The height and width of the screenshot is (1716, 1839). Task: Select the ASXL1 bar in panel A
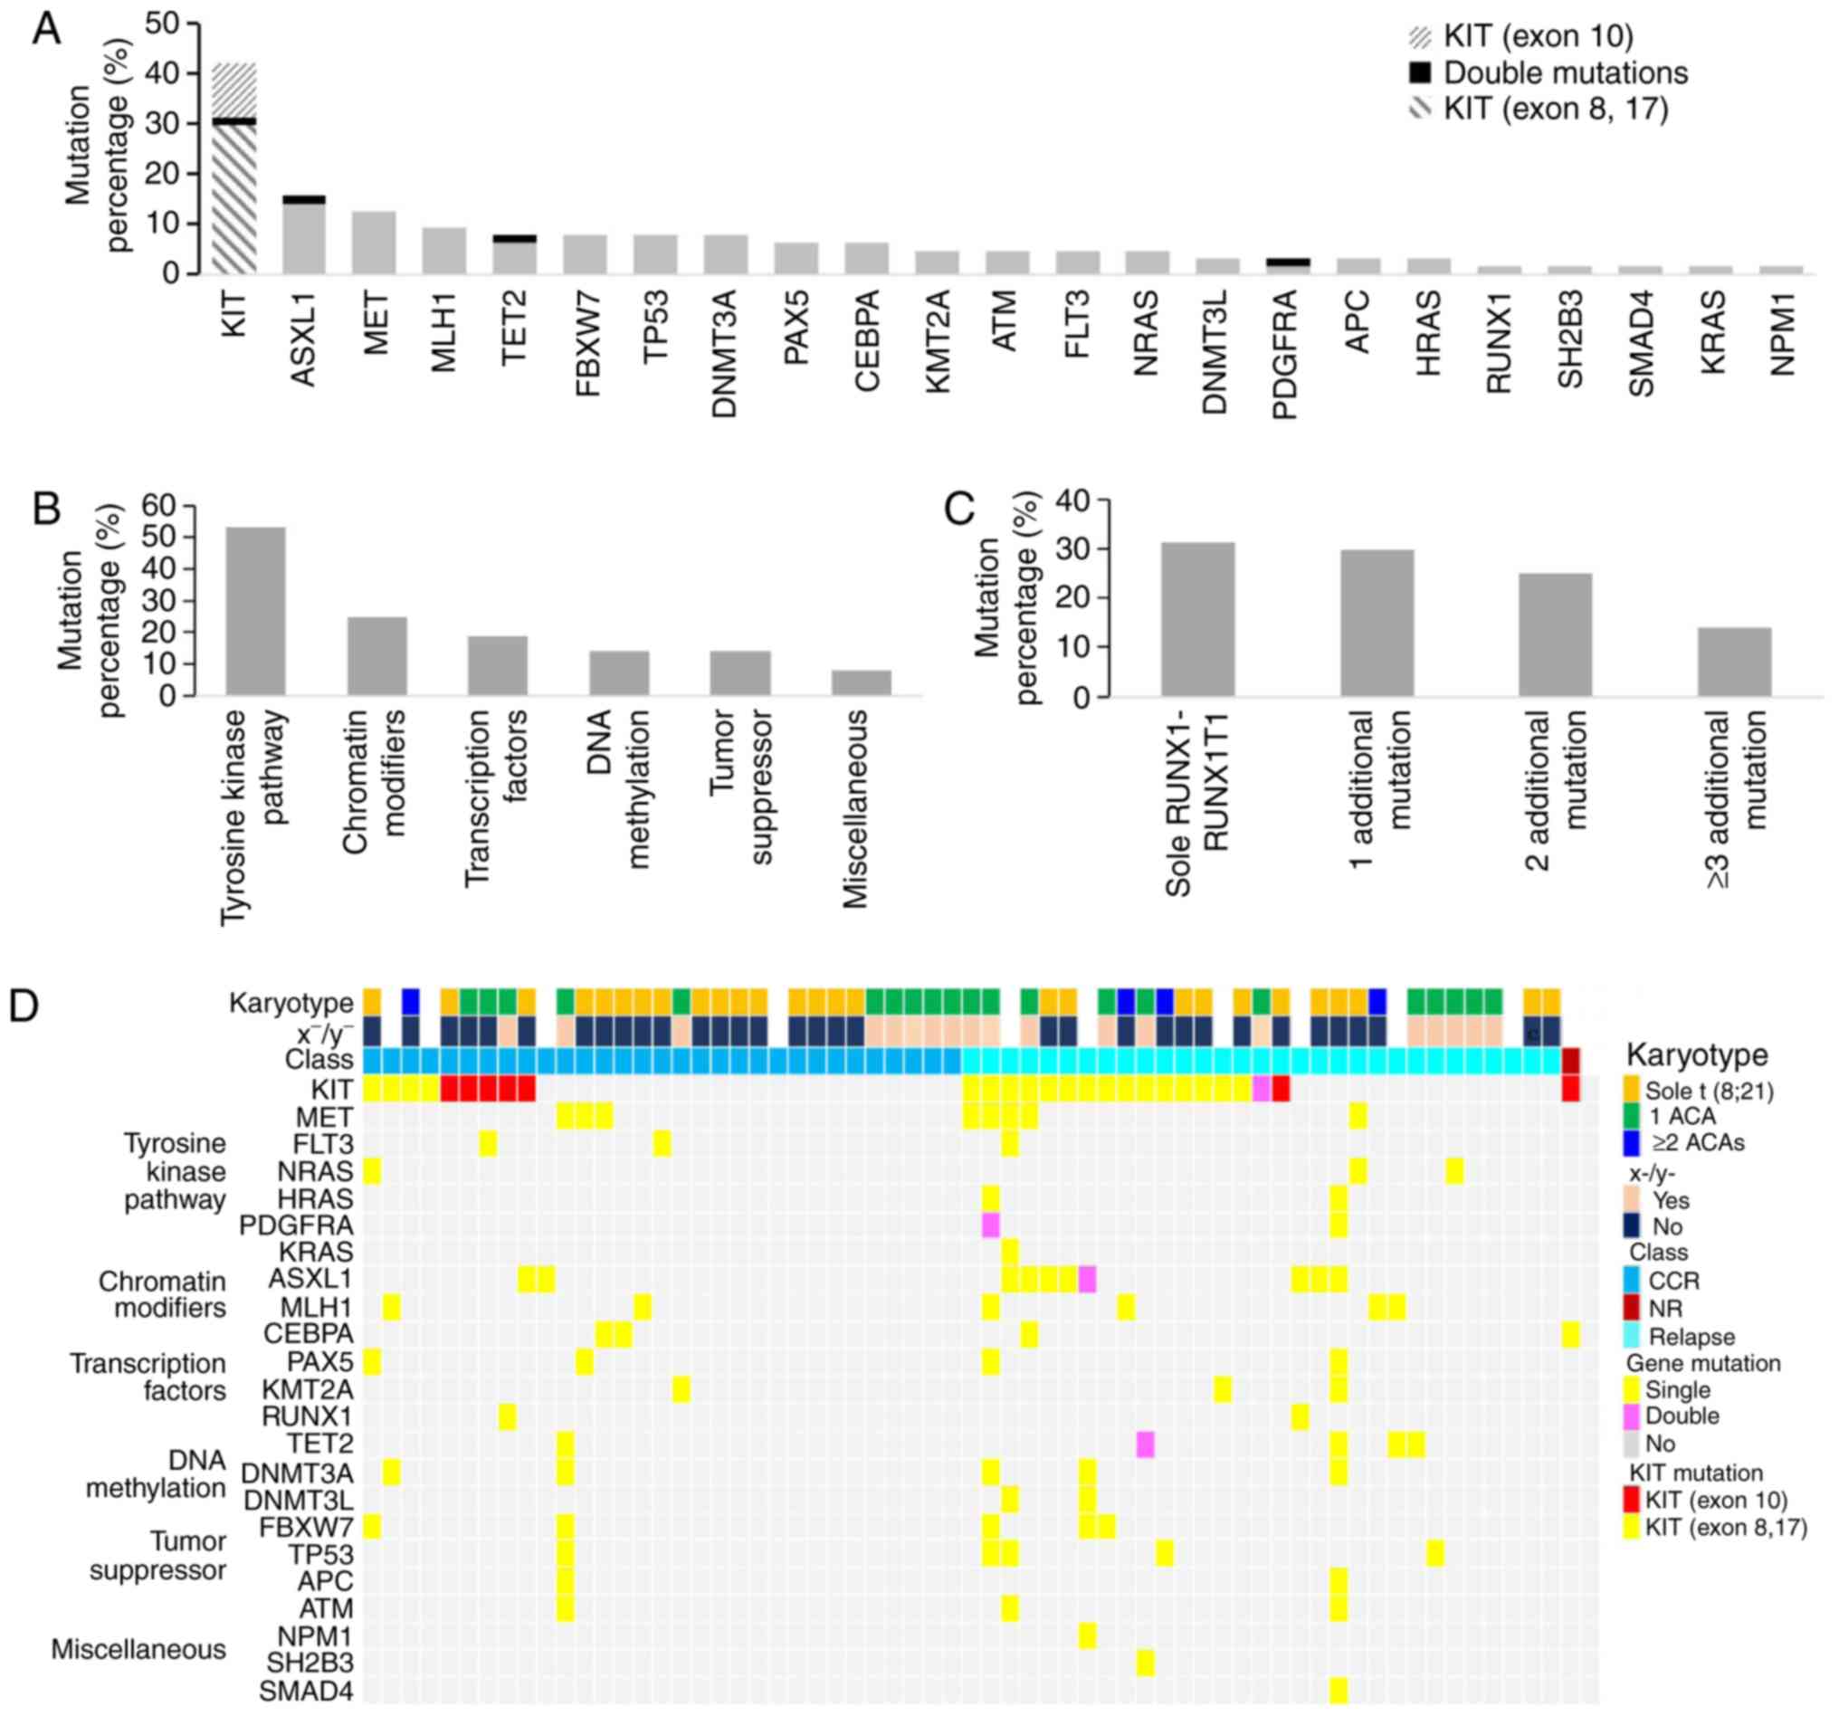tap(304, 236)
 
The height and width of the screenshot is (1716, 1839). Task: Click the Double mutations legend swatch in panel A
tap(1419, 73)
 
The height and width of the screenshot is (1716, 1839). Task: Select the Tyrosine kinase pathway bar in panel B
tap(255, 611)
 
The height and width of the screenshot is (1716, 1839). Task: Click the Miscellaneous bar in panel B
tap(862, 682)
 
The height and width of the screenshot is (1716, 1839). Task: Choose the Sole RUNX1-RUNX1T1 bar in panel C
tap(1197, 619)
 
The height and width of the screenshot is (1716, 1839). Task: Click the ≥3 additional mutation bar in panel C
tap(1733, 662)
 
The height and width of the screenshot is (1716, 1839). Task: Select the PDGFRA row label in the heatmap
tap(296, 1225)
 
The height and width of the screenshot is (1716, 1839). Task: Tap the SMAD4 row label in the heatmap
tap(305, 1691)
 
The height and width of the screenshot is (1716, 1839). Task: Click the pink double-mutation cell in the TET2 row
tap(1145, 1444)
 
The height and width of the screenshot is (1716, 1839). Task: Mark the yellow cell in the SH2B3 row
tap(1145, 1663)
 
